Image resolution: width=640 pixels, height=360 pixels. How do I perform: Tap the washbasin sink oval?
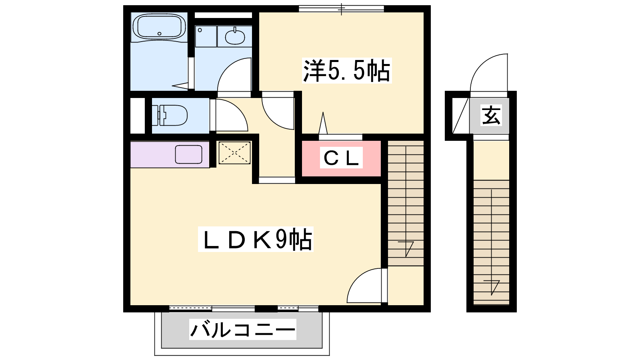pos(235,37)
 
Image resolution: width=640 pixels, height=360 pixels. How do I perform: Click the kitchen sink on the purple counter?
pos(188,154)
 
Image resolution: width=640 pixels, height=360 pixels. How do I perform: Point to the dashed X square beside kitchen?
pos(234,153)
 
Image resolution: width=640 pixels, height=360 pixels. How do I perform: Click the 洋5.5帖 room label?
pos(346,70)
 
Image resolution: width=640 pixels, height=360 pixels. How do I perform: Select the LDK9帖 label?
pos(256,239)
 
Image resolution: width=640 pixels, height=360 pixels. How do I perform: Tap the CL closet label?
pos(341,158)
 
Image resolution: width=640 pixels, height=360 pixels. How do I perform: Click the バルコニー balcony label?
pos(242,330)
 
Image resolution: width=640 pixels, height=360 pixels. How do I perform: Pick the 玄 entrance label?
pos(491,115)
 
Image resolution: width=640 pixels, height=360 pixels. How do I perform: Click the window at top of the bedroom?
pos(342,9)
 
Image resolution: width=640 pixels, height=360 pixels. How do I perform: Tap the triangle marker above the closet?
pos(323,123)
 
